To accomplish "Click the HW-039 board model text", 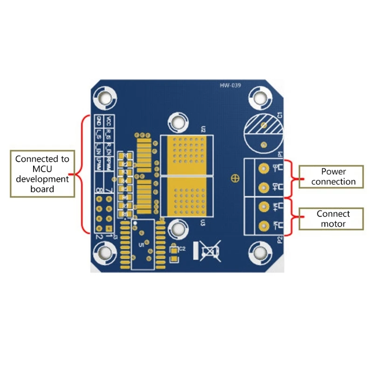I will [230, 85].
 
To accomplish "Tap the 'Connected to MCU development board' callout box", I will [42, 173].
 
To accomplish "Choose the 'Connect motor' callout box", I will [331, 219].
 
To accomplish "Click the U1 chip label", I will [142, 244].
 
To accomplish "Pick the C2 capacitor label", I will [182, 249].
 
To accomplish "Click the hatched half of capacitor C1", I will [263, 124].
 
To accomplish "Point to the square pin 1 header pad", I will [109, 229].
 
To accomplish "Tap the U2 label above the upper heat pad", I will [203, 129].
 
